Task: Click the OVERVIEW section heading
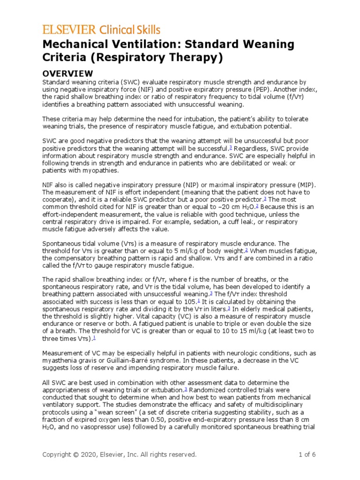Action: click(67, 74)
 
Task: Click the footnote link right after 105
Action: click(199, 300)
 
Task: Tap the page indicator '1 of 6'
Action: click(307, 455)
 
